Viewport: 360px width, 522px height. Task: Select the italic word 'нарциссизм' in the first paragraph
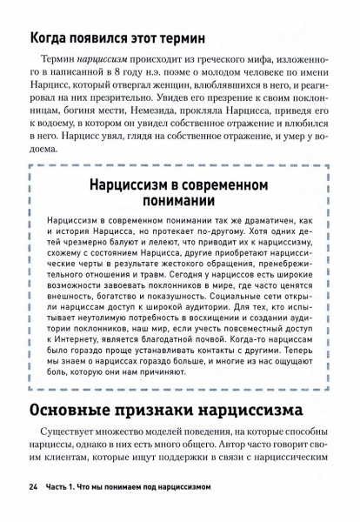[105, 58]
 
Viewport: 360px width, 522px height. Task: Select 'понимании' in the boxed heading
[179, 201]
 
